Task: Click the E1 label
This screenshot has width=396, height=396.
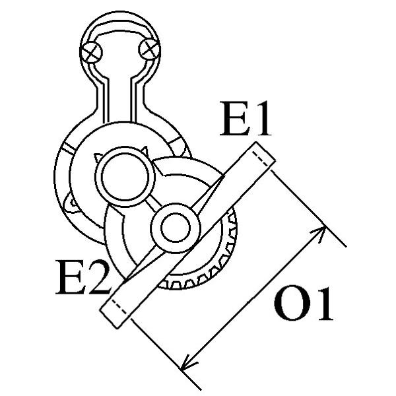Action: point(246,119)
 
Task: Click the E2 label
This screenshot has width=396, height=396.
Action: point(82,277)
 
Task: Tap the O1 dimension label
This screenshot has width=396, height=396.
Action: point(303,304)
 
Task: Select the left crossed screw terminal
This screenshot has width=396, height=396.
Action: point(91,52)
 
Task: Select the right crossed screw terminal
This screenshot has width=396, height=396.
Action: point(150,49)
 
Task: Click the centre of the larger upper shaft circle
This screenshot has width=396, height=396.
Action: point(125,176)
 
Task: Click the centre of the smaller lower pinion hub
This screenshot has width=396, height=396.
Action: point(176,228)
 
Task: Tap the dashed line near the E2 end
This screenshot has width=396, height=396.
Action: point(121,308)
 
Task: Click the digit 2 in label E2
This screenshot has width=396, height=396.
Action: point(98,277)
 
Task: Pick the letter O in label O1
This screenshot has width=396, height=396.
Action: point(290,304)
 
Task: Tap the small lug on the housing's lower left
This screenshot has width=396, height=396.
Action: point(71,202)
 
